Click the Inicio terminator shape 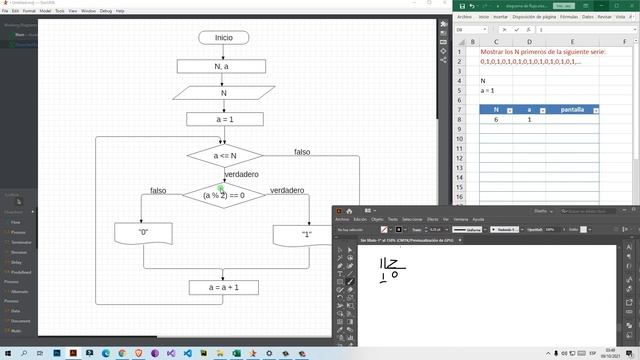pos(223,38)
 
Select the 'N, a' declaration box pos(222,66)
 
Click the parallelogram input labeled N pos(223,93)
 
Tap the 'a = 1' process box pos(223,120)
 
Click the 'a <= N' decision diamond pos(224,156)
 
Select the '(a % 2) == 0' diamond pos(223,195)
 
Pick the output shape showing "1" pos(306,234)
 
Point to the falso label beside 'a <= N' pos(308,152)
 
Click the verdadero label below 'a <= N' pos(241,174)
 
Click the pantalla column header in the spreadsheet pos(572,109)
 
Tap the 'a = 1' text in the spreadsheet pos(487,90)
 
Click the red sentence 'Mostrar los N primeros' pos(544,50)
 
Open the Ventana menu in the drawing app pos(460,219)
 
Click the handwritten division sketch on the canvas pos(390,268)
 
